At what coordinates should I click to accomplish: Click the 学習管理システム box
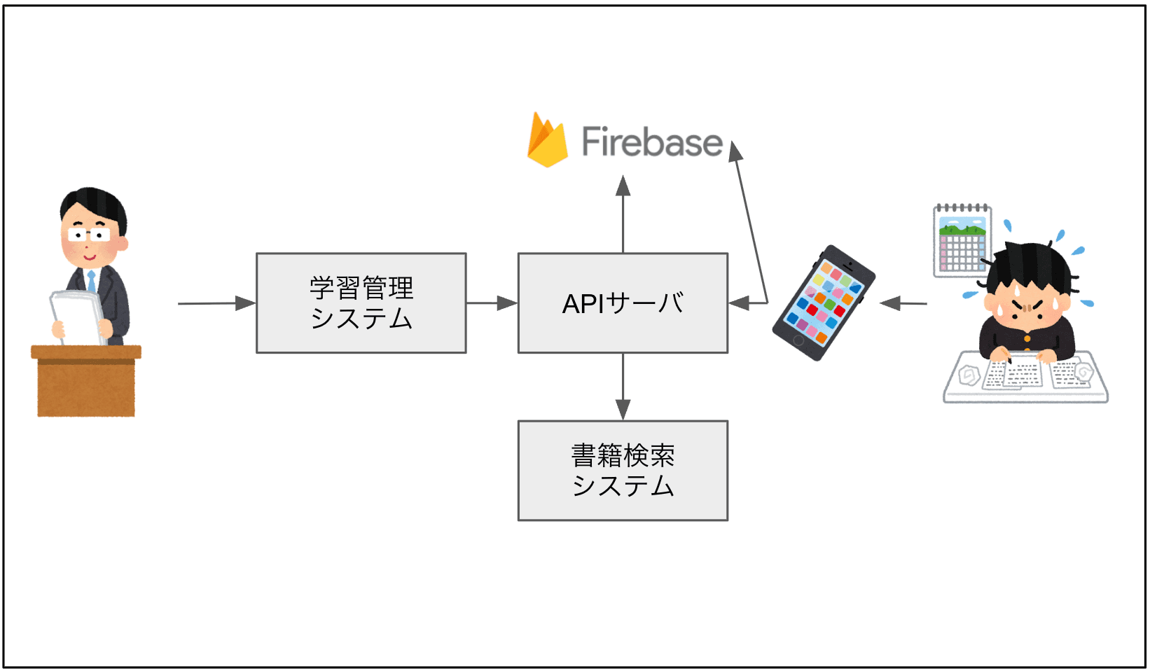[x=361, y=303]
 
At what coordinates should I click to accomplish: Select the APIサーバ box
[x=623, y=303]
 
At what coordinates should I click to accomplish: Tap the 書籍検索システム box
[x=623, y=470]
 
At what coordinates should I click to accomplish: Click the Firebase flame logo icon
[x=547, y=141]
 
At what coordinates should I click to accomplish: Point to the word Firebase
[x=652, y=142]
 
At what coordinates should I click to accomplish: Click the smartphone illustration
[x=824, y=302]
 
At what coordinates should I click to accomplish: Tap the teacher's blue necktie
[x=91, y=282]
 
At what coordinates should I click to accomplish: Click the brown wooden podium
[x=86, y=381]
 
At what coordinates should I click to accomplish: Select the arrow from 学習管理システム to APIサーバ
[x=491, y=303]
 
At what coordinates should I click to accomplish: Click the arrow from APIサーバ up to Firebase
[x=623, y=214]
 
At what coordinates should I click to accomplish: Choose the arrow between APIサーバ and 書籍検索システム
[x=623, y=386]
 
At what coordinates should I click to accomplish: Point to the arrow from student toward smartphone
[x=903, y=303]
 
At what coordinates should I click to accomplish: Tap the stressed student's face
[x=1026, y=307]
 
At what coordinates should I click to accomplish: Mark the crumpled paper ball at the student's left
[x=969, y=375]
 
